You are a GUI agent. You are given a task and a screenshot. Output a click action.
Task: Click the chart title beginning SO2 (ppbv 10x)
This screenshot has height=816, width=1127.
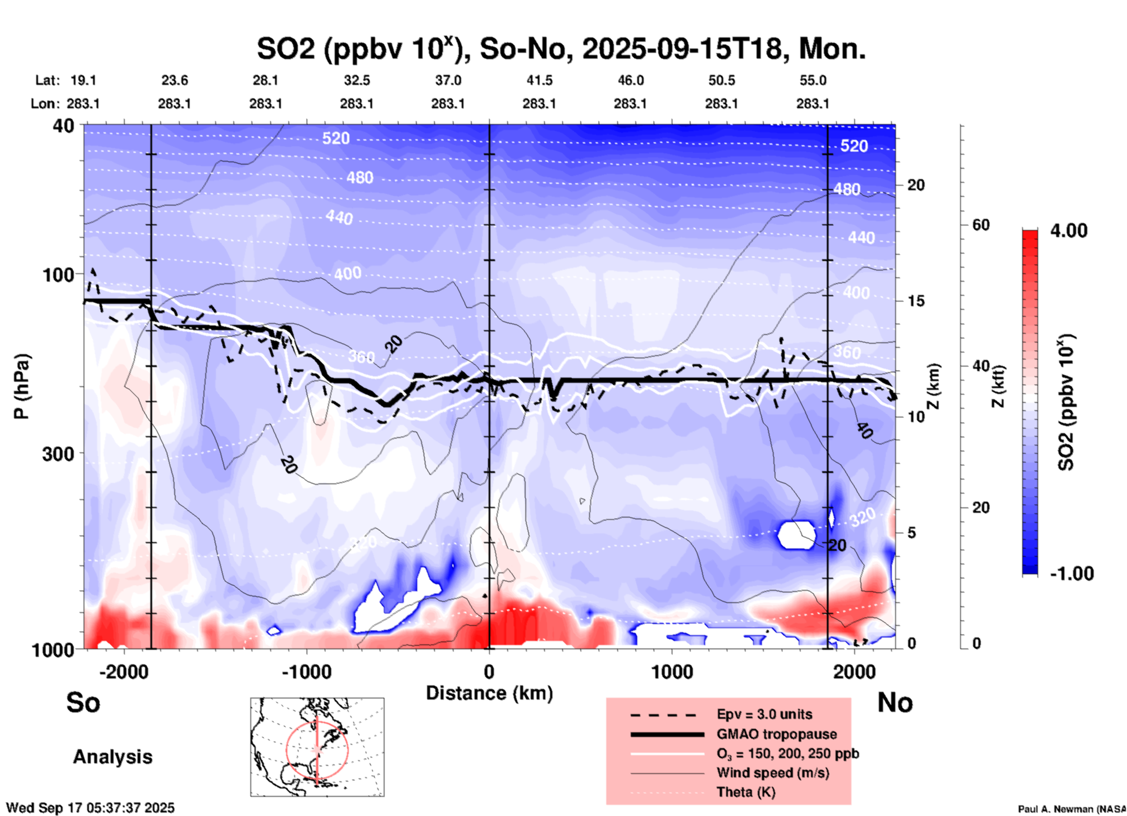point(561,49)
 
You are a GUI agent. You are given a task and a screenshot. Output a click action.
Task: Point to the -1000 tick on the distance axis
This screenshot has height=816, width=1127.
point(306,671)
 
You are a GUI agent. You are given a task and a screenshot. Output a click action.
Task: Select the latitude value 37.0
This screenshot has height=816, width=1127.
point(448,80)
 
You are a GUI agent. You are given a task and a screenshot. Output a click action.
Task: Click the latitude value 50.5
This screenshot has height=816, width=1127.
point(721,80)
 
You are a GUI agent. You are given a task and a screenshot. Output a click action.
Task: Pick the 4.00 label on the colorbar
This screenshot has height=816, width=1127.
point(1068,231)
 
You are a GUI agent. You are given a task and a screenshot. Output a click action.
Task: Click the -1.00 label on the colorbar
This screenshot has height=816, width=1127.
point(1071,573)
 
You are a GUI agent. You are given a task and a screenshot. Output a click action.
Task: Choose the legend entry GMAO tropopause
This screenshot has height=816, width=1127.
point(776,734)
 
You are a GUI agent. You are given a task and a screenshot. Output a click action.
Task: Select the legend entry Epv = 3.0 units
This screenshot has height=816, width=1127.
point(764,714)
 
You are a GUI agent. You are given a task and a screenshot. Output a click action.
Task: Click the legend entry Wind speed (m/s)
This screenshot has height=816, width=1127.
point(772,773)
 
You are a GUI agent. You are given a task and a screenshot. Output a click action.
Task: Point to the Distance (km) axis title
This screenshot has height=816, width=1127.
point(489,693)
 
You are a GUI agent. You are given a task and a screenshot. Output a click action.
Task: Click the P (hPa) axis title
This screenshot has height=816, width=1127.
point(22,386)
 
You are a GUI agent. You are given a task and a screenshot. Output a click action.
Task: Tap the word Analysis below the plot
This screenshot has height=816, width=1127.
point(112,757)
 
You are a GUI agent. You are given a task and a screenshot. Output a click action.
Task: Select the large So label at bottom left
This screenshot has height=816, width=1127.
point(83,702)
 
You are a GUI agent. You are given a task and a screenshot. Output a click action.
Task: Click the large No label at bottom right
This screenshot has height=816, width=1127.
point(895,702)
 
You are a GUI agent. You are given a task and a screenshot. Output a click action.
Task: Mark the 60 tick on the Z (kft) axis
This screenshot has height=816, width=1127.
point(981,225)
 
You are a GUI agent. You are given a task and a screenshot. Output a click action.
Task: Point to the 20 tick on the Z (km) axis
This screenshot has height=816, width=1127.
point(916,185)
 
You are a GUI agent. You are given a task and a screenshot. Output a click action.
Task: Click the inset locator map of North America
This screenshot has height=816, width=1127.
point(317,746)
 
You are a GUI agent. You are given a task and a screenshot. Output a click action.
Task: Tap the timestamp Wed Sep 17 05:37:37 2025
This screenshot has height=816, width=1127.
point(90,808)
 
